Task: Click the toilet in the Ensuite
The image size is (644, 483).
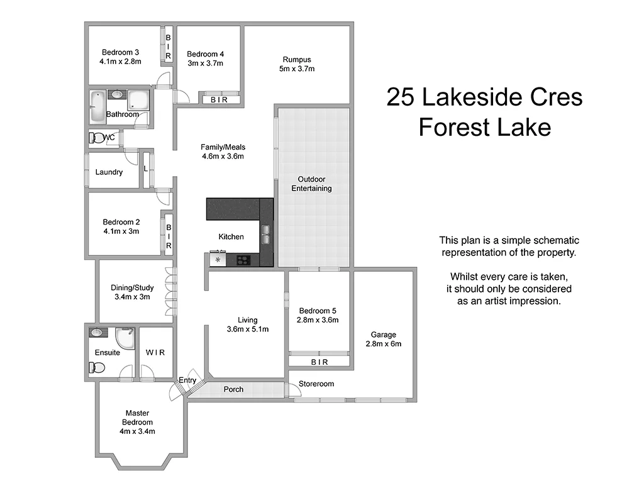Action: coord(96,369)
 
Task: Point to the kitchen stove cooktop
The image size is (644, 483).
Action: coord(243,259)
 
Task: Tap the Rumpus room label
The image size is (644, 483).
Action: coord(297,60)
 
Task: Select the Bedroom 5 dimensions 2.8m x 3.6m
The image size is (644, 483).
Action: coord(318,320)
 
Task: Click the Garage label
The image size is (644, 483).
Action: coord(383,335)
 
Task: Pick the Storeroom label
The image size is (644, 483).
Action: coord(316,384)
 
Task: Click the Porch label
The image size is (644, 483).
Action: coord(233,389)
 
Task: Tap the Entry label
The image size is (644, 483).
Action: coord(187,380)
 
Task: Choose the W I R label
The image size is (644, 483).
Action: coord(155,352)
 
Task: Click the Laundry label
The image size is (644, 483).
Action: coord(109,172)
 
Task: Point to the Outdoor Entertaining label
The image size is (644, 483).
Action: coord(311,184)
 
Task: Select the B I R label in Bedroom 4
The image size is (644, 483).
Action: coord(219,99)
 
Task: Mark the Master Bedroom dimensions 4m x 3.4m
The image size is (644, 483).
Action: coord(137,431)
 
